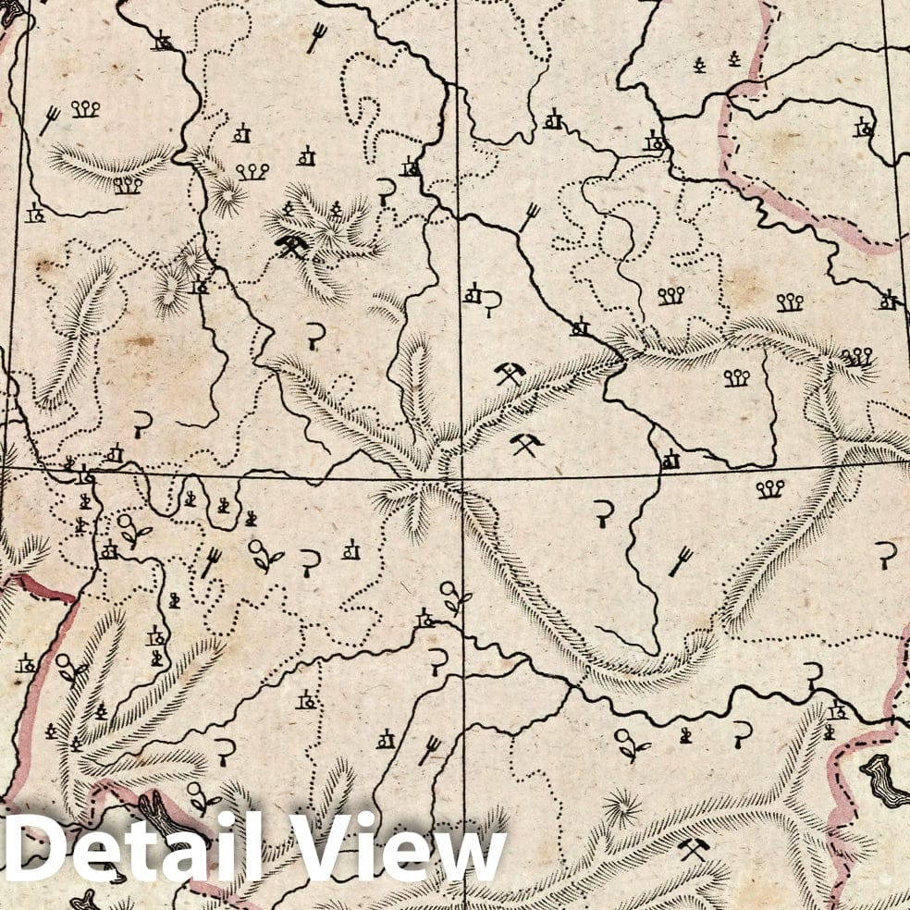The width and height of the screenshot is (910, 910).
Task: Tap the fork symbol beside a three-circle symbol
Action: [x=51, y=118]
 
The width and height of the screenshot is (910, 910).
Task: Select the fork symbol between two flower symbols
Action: [x=212, y=560]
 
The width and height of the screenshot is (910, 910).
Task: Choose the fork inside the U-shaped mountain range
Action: [x=682, y=558]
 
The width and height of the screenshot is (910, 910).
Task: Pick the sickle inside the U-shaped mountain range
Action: [x=604, y=511]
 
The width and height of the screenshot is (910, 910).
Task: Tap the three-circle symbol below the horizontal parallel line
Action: [x=769, y=488]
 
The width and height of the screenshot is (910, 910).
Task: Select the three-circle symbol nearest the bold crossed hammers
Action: [x=252, y=171]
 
